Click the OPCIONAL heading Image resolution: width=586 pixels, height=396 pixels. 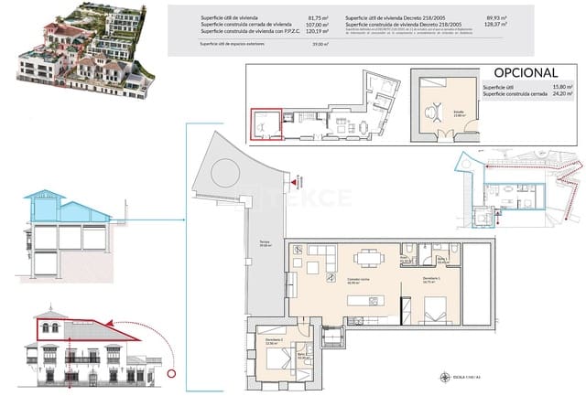click(x=526, y=72)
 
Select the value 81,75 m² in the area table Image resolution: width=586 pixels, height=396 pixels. click(x=318, y=17)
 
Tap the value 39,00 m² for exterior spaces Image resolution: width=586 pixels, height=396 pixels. click(x=319, y=44)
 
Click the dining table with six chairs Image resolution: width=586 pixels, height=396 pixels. click(x=369, y=259)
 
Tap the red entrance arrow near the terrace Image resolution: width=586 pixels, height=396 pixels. click(x=295, y=183)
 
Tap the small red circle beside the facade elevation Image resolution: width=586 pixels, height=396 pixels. click(x=170, y=371)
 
